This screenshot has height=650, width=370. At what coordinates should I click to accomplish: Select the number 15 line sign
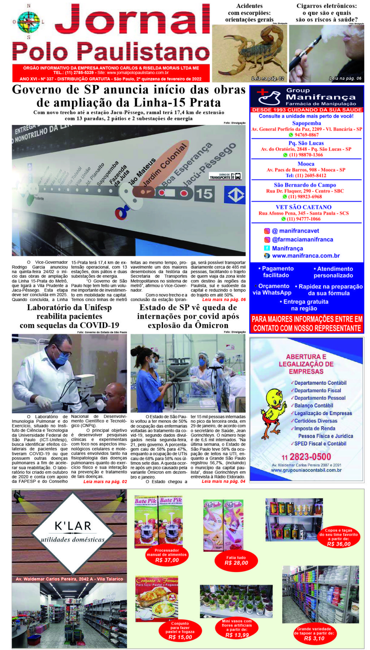[x=204, y=194]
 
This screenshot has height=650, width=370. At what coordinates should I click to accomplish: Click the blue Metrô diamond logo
[x=235, y=195]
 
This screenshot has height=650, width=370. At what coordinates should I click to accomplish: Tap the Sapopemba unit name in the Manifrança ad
[x=306, y=123]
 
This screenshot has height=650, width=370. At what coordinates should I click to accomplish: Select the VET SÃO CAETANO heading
[x=304, y=207]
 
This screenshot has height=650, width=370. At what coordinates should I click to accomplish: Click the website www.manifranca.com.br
[x=306, y=256]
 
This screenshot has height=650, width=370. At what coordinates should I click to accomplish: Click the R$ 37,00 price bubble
[x=167, y=560]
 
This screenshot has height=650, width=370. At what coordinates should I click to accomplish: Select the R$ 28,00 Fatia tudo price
[x=236, y=563]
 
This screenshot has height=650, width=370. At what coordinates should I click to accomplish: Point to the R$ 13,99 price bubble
[x=237, y=635]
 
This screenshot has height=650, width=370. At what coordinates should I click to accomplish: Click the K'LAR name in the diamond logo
[x=73, y=526]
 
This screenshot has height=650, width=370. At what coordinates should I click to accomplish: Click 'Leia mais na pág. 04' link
[x=223, y=481]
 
